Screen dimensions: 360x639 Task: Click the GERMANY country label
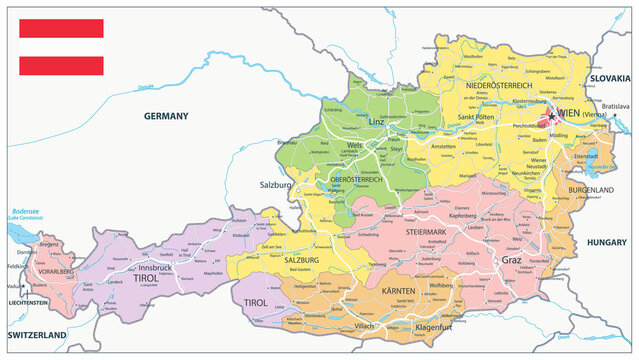tap(166, 116)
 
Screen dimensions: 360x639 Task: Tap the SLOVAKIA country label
tap(609, 78)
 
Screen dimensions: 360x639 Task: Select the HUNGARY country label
tap(605, 242)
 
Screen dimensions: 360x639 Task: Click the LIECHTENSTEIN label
tap(27, 302)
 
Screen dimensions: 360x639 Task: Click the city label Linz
tap(375, 122)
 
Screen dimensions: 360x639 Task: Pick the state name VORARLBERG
tap(49, 271)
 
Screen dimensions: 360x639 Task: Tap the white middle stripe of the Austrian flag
tap(61, 47)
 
